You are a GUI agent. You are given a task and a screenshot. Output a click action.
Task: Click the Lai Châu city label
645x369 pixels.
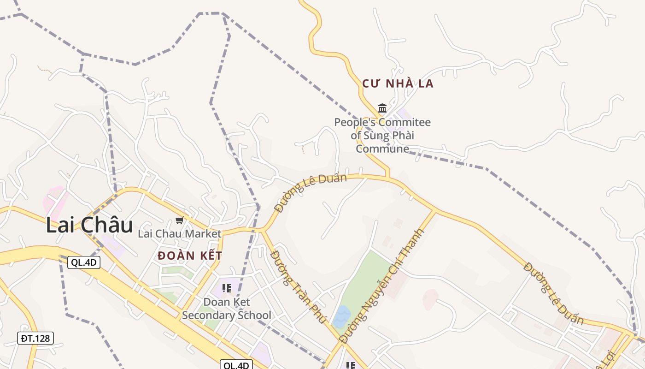point(89,225)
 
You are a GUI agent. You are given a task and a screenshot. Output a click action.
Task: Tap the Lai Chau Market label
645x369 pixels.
point(180,234)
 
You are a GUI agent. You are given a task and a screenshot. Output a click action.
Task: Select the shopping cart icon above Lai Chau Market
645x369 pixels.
point(180,220)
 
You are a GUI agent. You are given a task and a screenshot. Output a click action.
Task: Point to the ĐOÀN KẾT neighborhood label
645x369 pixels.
point(190,256)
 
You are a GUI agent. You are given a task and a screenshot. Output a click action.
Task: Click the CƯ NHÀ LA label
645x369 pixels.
point(398,83)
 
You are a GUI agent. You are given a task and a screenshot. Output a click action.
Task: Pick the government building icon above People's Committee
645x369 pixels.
point(382,108)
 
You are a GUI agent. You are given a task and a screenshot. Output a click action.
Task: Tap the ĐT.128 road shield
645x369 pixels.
point(35,338)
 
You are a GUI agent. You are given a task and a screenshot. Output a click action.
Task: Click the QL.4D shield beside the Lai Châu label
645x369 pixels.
point(84,262)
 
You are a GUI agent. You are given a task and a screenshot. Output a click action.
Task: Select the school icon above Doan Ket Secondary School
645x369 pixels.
point(226,289)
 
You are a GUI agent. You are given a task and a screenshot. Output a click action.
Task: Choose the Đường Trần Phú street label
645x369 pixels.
point(298,286)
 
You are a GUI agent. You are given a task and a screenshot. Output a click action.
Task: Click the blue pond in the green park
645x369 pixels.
point(342,316)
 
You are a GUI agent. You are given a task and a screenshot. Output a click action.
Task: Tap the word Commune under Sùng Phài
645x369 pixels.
point(382,149)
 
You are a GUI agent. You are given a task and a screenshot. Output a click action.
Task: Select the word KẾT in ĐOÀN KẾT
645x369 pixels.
point(208,256)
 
